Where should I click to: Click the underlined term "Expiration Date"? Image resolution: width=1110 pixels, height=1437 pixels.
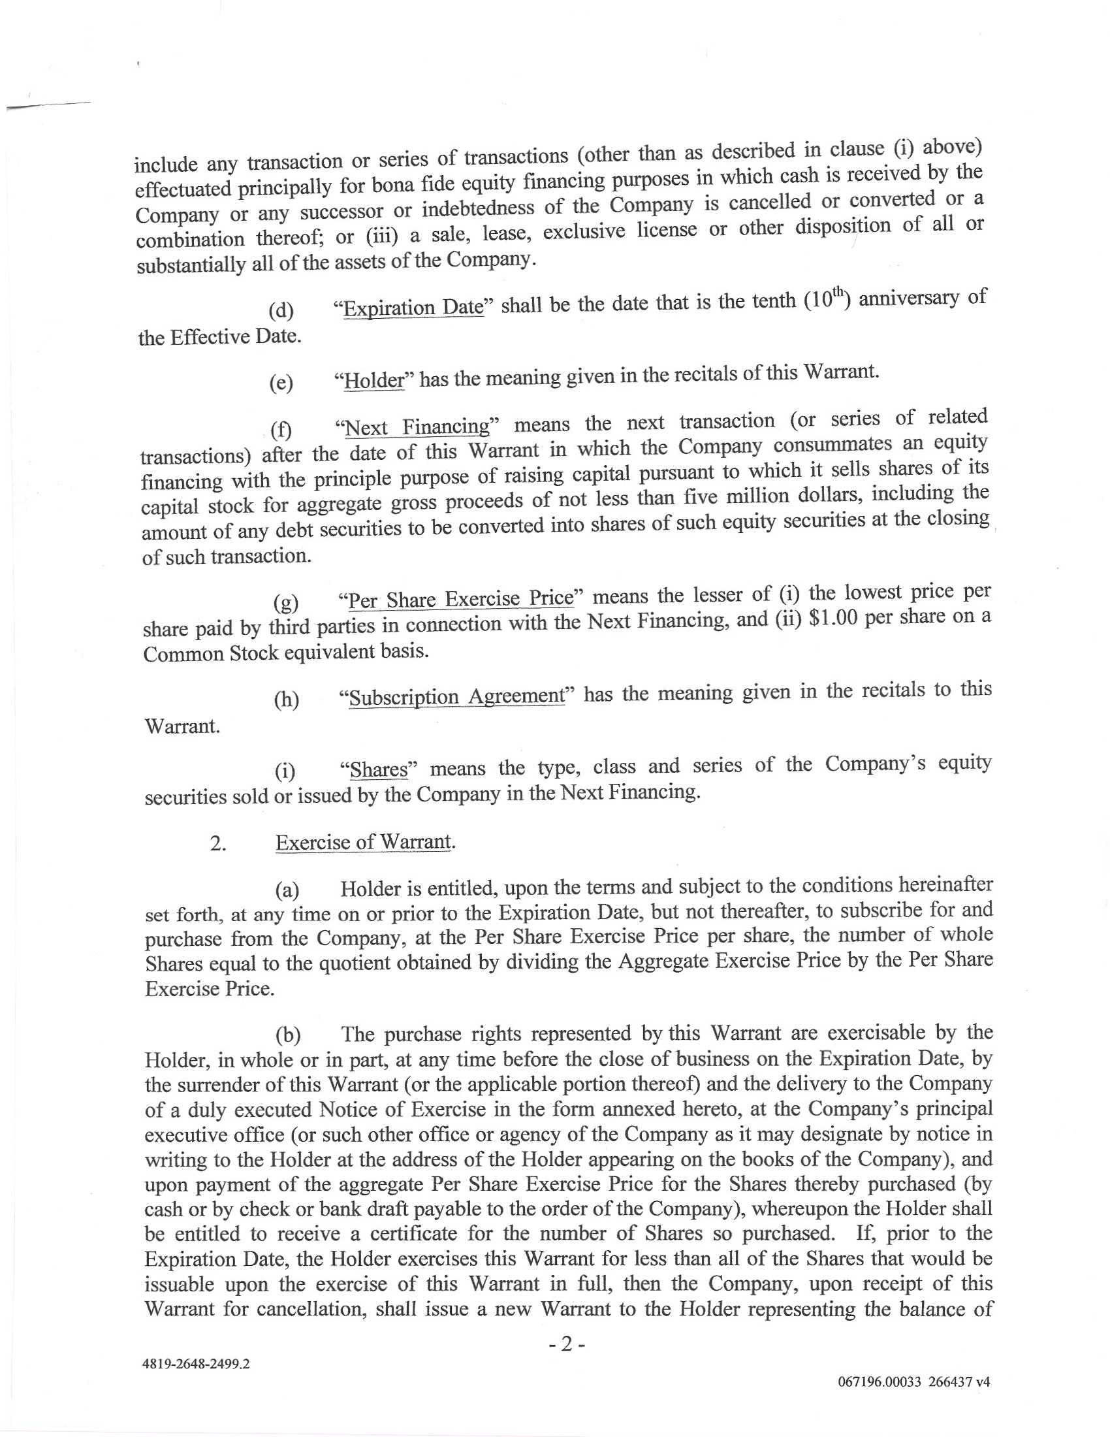413,307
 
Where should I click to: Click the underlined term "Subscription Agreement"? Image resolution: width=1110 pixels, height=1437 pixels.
456,696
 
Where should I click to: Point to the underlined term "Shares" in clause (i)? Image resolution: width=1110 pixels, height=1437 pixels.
379,769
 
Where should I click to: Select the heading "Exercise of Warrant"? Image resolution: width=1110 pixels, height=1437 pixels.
364,843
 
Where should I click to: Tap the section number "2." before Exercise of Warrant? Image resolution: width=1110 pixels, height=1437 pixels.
218,844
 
